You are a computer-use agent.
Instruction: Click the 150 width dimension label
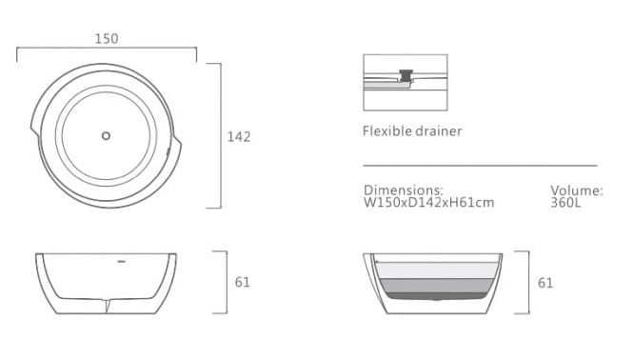107,39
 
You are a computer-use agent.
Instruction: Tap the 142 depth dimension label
239,137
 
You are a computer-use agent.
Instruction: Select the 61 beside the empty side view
243,282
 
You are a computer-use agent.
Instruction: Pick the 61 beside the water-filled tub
545,283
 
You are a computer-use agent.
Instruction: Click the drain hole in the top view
106,135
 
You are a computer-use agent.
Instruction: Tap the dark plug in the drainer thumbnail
407,72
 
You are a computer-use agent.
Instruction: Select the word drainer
439,130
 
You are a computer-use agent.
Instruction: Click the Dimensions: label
403,190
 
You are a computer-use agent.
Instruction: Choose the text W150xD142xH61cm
428,202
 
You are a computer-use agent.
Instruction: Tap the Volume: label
576,190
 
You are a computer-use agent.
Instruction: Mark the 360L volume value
566,202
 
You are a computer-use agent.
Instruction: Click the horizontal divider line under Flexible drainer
480,165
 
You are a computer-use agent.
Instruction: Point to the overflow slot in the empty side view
122,258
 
